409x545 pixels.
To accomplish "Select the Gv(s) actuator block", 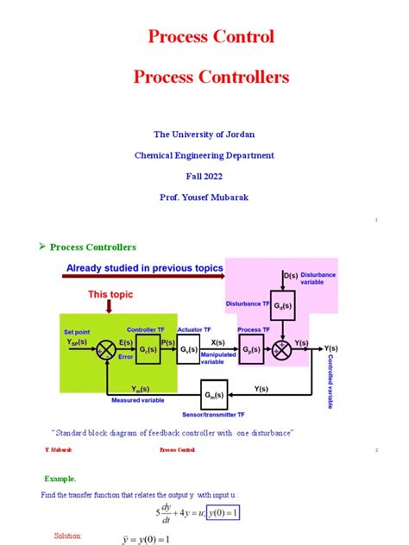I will [188, 350].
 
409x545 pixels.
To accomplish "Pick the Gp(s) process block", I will [251, 350].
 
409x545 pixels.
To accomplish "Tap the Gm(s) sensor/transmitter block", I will [211, 395].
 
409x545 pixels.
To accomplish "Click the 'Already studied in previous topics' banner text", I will [143, 268].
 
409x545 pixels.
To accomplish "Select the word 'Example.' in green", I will [60, 478].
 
